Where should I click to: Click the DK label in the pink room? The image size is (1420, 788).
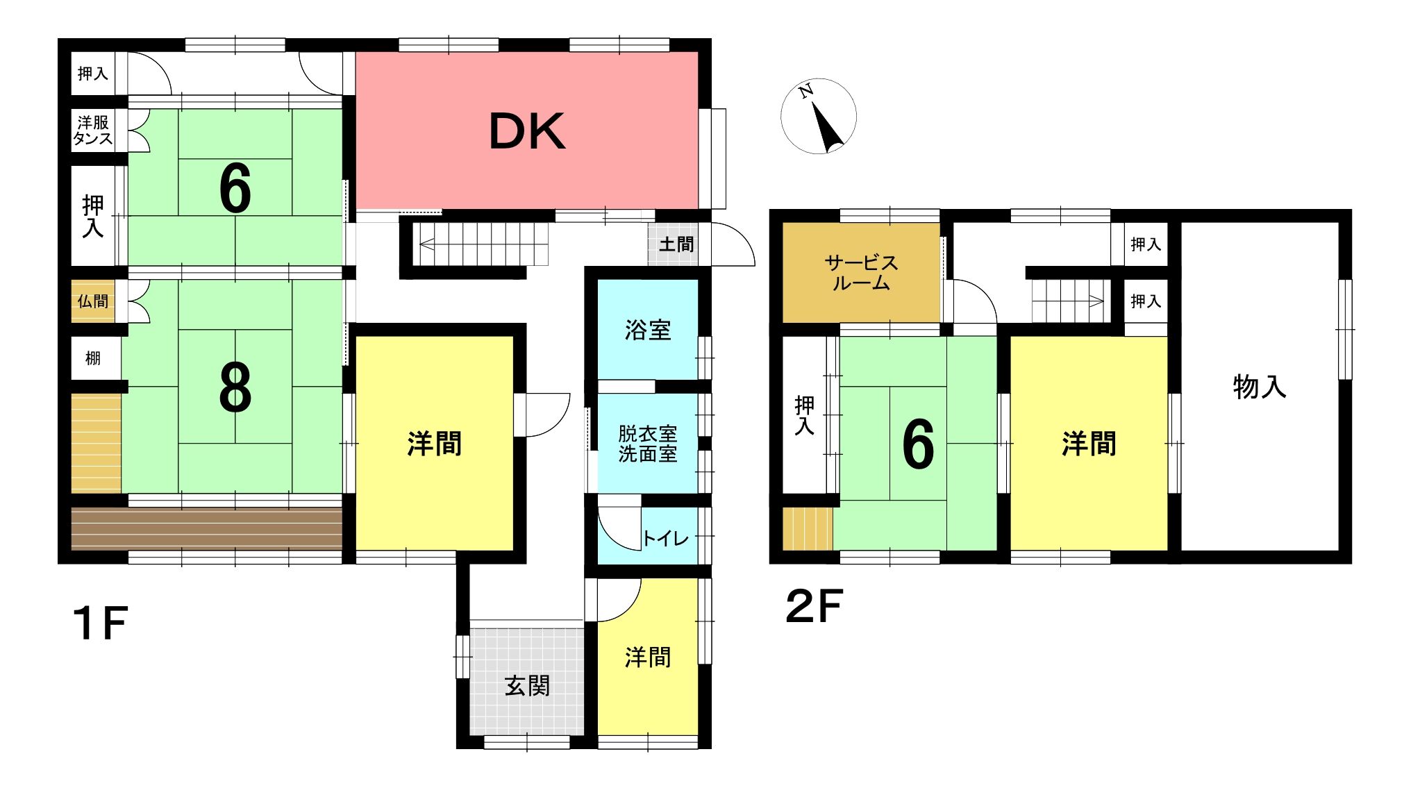click(x=527, y=131)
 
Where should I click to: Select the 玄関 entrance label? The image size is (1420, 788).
click(x=527, y=686)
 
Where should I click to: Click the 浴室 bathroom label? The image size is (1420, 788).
click(x=647, y=330)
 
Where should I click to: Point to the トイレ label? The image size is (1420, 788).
click(x=665, y=538)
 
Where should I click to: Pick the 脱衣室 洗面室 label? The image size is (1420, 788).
click(x=647, y=444)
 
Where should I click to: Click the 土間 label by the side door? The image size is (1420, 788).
click(x=676, y=244)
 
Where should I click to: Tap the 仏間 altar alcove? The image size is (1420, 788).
click(x=93, y=301)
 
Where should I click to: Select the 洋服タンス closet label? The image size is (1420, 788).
click(x=93, y=131)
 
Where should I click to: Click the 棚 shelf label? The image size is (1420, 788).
click(x=93, y=358)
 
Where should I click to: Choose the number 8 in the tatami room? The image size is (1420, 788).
click(x=235, y=389)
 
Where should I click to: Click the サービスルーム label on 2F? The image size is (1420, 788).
click(x=861, y=273)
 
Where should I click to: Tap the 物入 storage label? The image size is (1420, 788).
click(x=1260, y=387)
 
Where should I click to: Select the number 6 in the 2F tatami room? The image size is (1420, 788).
click(x=918, y=445)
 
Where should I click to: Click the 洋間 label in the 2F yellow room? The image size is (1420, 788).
click(x=1089, y=444)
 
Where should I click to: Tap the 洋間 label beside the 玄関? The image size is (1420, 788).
click(x=647, y=657)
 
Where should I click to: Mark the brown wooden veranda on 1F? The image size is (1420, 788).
click(x=207, y=529)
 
